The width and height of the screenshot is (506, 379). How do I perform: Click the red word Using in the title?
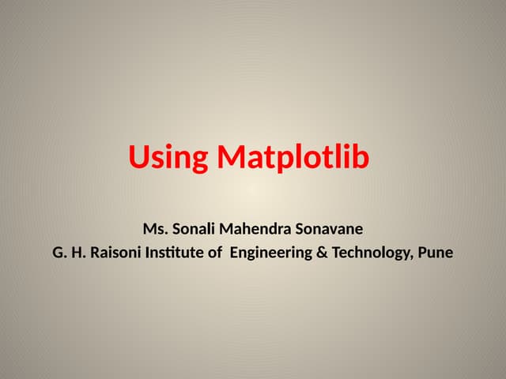click(x=168, y=158)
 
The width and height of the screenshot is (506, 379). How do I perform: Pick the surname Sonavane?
click(x=327, y=230)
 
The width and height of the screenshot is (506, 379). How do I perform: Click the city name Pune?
click(x=436, y=254)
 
